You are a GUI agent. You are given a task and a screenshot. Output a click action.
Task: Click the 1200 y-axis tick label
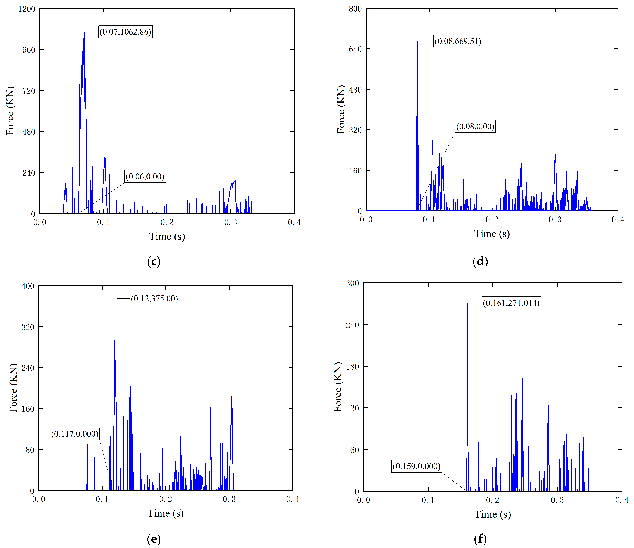click(x=27, y=9)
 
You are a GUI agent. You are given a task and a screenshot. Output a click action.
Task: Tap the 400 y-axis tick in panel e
click(x=28, y=286)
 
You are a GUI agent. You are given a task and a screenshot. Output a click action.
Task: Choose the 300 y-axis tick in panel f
click(x=352, y=283)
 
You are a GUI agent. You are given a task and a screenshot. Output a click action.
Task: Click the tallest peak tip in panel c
click(x=84, y=32)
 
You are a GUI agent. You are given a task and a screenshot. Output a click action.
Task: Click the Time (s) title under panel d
click(x=492, y=234)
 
